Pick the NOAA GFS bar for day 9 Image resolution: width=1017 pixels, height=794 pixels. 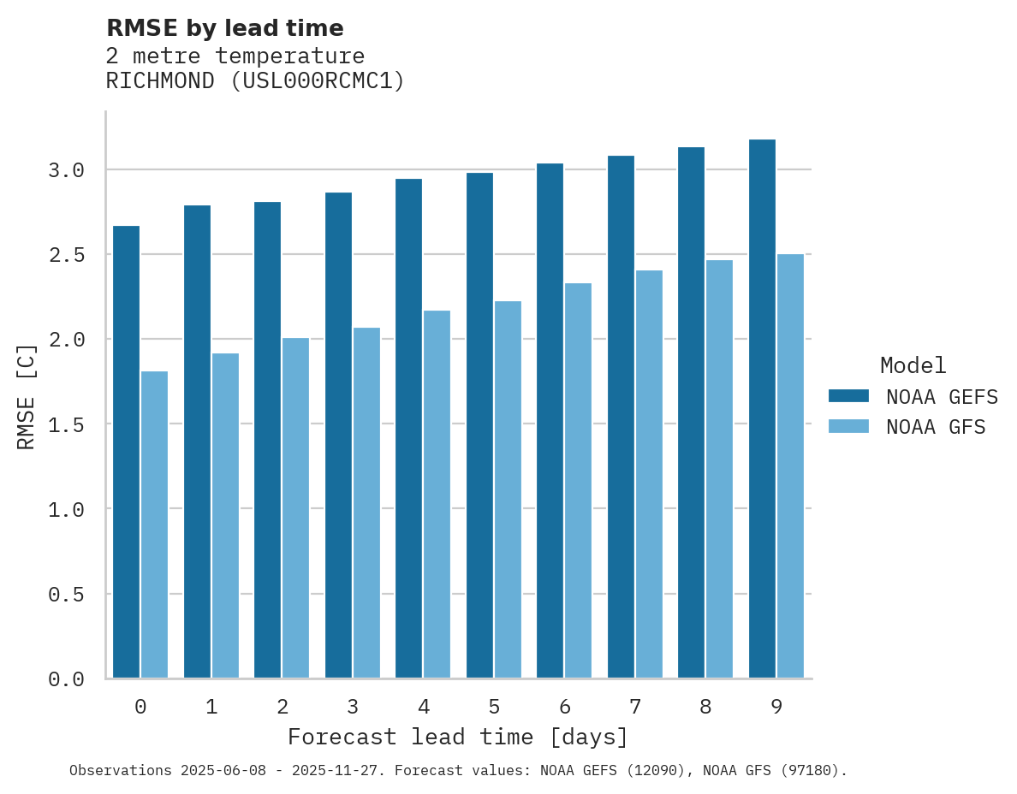pyautogui.click(x=790, y=466)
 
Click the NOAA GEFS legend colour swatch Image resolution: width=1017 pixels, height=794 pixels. pyautogui.click(x=848, y=396)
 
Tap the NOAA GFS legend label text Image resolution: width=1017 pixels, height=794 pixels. pyautogui.click(x=936, y=427)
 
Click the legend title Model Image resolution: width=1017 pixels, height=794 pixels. pyautogui.click(x=913, y=365)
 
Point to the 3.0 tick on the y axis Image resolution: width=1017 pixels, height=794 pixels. pyautogui.click(x=66, y=170)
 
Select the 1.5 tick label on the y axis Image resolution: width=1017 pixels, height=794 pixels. pyautogui.click(x=66, y=424)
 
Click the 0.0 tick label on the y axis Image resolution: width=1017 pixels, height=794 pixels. pyautogui.click(x=66, y=679)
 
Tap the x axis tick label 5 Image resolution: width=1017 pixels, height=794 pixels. pyautogui.click(x=494, y=707)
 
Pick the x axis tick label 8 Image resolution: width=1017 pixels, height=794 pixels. pyautogui.click(x=705, y=707)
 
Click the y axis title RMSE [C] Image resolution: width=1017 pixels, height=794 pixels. pyautogui.click(x=27, y=396)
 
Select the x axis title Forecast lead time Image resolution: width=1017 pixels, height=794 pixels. pyautogui.click(x=458, y=737)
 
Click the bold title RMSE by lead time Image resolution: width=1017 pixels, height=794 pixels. pyautogui.click(x=224, y=28)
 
